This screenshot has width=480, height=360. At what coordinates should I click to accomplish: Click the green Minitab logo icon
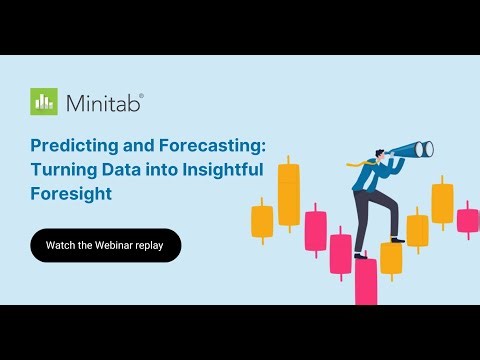pyautogui.click(x=43, y=102)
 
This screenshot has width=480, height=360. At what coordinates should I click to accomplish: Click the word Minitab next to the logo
pyautogui.click(x=104, y=103)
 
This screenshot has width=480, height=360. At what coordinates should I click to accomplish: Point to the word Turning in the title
pyautogui.click(x=60, y=170)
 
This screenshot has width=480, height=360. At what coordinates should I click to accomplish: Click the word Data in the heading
pyautogui.click(x=120, y=170)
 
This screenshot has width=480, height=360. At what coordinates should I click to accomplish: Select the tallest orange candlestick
pyautogui.click(x=289, y=195)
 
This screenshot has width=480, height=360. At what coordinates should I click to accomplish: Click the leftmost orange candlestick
pyautogui.click(x=262, y=220)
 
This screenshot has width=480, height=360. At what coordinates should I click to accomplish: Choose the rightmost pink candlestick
pyautogui.click(x=467, y=220)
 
